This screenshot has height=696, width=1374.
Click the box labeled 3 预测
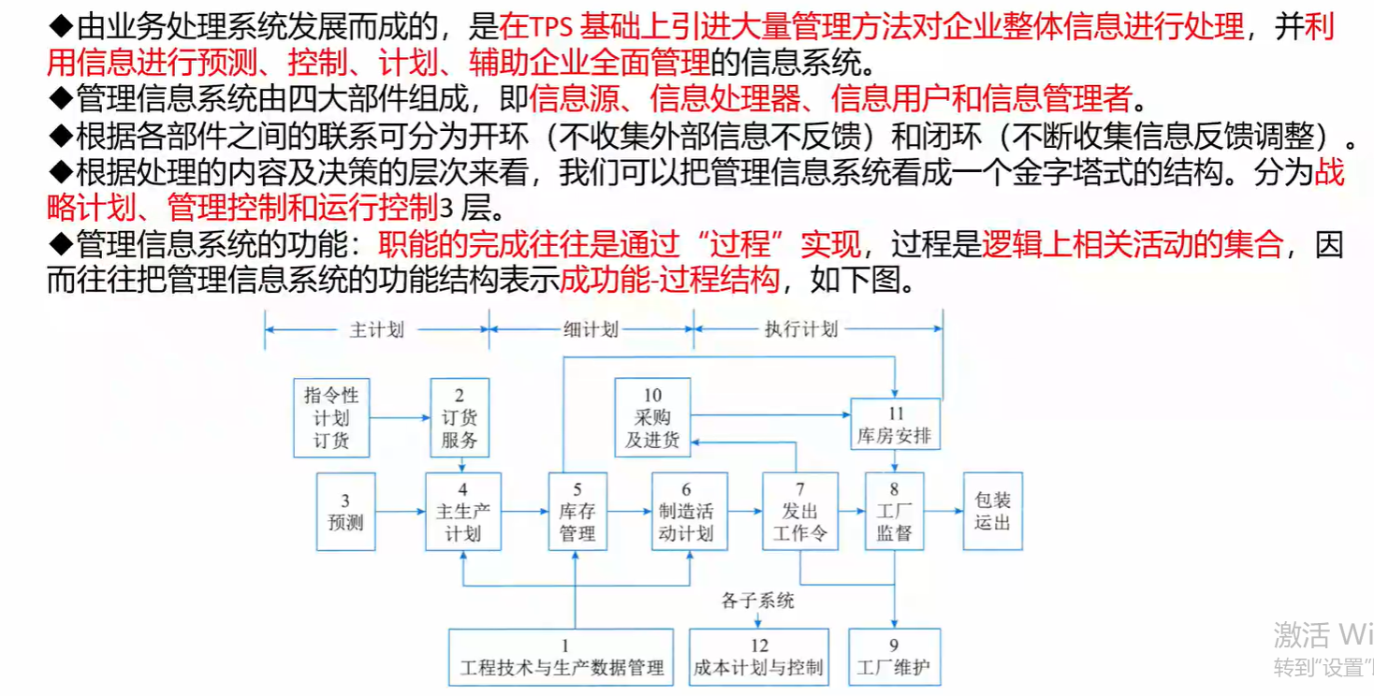[x=345, y=512]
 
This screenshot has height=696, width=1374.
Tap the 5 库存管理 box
[x=577, y=512]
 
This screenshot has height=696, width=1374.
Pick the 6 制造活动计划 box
[x=689, y=512]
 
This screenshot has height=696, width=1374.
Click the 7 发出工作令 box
[x=799, y=512]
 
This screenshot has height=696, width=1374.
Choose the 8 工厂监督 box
[x=894, y=512]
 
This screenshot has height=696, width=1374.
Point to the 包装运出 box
[x=992, y=511]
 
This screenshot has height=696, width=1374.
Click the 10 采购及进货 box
[x=652, y=417]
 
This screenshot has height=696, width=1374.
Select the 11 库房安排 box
[x=895, y=424]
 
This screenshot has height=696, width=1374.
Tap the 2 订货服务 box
[x=460, y=417]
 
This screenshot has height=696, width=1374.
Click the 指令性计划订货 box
[x=331, y=417]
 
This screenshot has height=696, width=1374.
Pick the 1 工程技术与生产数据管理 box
[x=563, y=658]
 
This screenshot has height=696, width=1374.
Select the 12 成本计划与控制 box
[x=759, y=658]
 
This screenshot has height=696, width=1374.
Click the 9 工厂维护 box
[x=894, y=658]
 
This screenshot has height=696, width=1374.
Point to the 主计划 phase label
[x=376, y=329]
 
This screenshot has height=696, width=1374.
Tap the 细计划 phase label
[x=591, y=329]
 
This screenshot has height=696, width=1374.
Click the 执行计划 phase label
[x=801, y=329]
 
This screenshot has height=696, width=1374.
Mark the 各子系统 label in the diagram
[x=757, y=601]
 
